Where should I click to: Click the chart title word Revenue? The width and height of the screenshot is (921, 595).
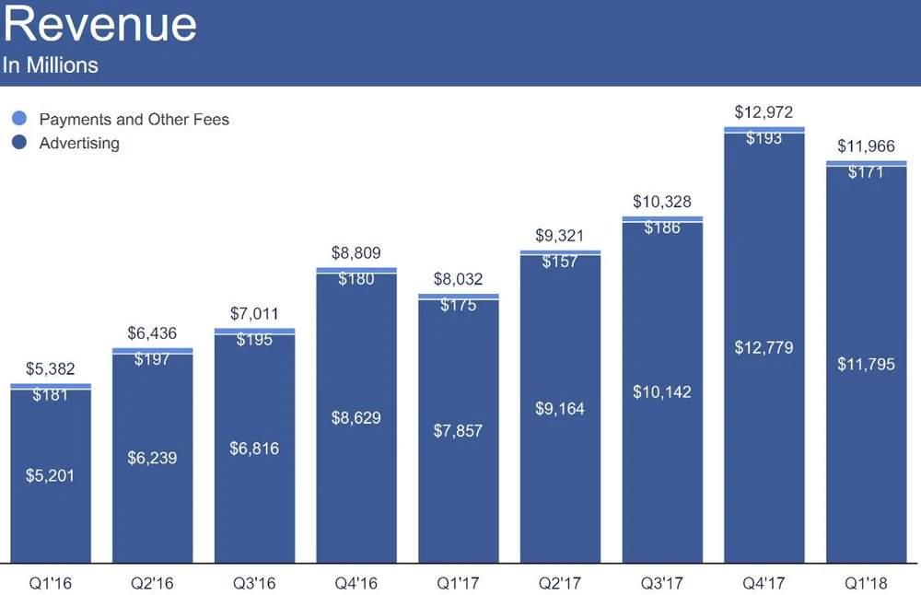pos(99,25)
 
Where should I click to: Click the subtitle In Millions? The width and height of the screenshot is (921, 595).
pos(51,65)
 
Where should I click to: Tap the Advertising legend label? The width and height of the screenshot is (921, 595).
pos(79,143)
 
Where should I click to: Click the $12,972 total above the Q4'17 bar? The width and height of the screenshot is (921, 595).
pos(764,112)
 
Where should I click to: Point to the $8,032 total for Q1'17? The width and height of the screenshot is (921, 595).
pos(459,280)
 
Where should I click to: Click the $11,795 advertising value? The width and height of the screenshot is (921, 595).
pos(866,364)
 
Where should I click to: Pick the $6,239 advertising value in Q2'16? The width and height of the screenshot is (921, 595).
pos(152,458)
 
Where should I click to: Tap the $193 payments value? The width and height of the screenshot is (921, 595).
pos(764,138)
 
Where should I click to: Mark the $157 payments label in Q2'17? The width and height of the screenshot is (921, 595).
pos(560,262)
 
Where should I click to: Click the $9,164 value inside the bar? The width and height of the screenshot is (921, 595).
pos(560,408)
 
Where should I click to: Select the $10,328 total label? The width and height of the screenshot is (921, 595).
pos(662,202)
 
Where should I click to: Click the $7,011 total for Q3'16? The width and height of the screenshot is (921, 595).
pos(254,314)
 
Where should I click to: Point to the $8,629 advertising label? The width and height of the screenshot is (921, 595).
pos(356,417)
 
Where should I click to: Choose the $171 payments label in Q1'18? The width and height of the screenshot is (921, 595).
pos(866,171)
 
